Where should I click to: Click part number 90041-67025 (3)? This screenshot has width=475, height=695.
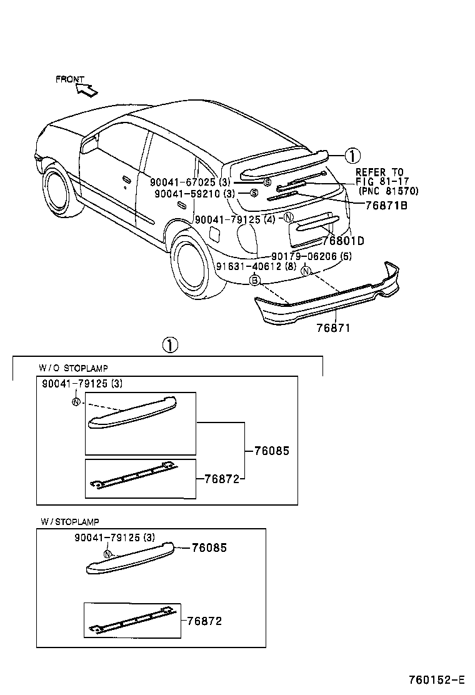coord(190,182)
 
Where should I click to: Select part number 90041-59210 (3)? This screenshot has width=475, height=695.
coord(194,194)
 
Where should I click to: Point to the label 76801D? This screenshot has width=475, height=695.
coord(343,241)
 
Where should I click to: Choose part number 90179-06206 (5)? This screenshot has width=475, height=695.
coord(311,256)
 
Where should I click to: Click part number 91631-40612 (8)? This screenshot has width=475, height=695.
coord(256,266)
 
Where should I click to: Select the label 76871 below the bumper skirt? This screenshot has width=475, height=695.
coord(333,328)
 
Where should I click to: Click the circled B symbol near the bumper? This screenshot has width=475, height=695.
coord(254,281)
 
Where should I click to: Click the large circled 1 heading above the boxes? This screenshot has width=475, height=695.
coord(170,344)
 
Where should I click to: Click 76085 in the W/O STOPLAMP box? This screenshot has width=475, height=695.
coord(271,450)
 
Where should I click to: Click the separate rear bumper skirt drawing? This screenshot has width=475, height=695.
coord(325,299)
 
